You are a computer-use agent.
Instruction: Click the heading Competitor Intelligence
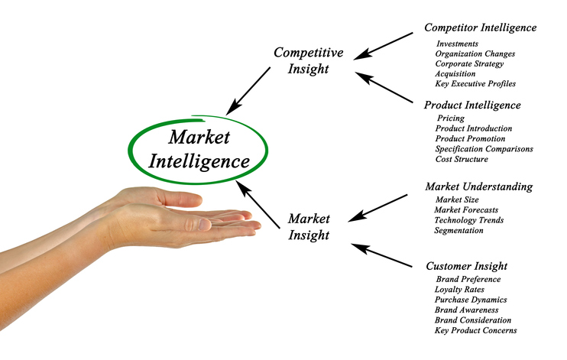(x=480, y=28)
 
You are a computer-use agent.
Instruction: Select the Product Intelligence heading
(x=472, y=105)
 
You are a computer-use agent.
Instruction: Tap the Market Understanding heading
(x=478, y=186)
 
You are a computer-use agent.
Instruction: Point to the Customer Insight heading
(x=466, y=267)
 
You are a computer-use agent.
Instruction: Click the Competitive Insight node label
(x=308, y=60)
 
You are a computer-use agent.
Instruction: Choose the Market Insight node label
(x=309, y=227)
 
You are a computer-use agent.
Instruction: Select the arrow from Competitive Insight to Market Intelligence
(x=249, y=87)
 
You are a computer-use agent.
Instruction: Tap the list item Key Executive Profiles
(x=475, y=84)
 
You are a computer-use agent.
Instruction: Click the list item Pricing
(x=450, y=118)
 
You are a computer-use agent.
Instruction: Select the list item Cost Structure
(x=462, y=159)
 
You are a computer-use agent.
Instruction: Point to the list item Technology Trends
(x=468, y=220)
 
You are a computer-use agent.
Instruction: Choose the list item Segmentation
(x=458, y=230)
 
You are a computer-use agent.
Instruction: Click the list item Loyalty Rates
(x=460, y=290)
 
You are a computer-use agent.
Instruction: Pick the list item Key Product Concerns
(x=475, y=331)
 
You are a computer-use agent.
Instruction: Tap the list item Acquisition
(x=456, y=74)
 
